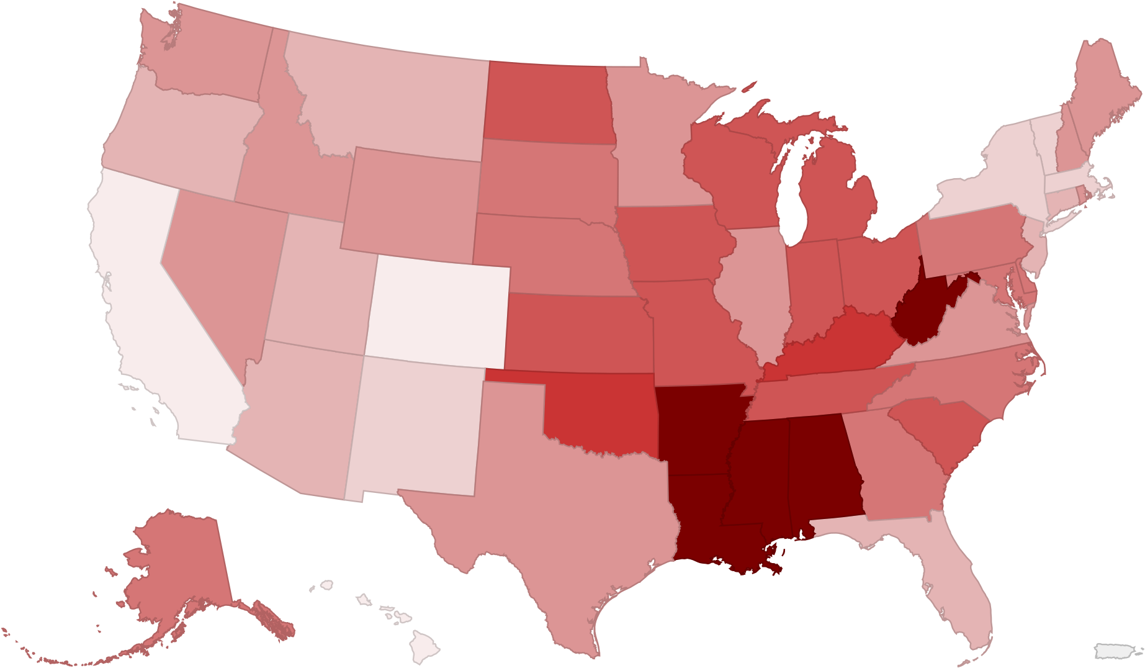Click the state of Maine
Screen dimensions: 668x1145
(x=1105, y=93)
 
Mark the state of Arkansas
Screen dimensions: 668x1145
(x=695, y=428)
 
